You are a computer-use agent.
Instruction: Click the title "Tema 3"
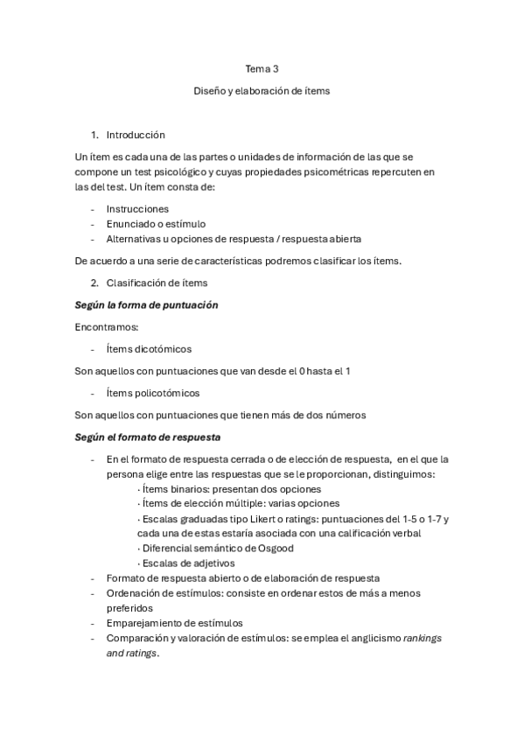[262, 67]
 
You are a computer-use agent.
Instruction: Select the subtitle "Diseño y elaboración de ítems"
[262, 90]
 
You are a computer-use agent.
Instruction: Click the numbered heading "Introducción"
[136, 136]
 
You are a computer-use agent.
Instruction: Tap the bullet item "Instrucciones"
[137, 209]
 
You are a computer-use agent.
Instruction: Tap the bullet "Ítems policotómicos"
[152, 392]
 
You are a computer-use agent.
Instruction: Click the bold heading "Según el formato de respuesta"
[148, 436]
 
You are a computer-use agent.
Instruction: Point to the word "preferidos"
[129, 607]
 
